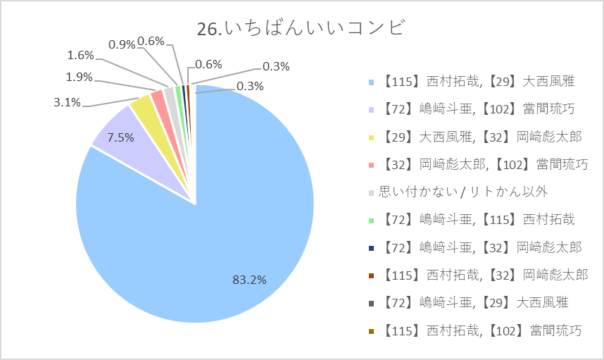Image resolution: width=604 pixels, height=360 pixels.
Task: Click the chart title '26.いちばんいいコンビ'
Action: [301, 28]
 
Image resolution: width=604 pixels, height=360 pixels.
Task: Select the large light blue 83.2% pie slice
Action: [215, 231]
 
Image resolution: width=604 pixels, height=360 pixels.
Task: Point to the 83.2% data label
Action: [249, 280]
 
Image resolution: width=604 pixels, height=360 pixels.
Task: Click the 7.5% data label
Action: [120, 137]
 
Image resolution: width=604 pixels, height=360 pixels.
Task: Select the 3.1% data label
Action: [67, 103]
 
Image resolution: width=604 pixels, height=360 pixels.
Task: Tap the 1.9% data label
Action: [79, 77]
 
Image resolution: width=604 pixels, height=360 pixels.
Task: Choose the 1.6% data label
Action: [80, 55]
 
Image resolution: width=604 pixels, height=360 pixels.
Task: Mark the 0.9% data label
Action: [122, 44]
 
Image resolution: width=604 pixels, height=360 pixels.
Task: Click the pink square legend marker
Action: [371, 166]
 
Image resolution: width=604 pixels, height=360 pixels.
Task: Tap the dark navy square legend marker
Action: [371, 248]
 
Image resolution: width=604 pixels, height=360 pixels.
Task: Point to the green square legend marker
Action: [371, 221]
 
